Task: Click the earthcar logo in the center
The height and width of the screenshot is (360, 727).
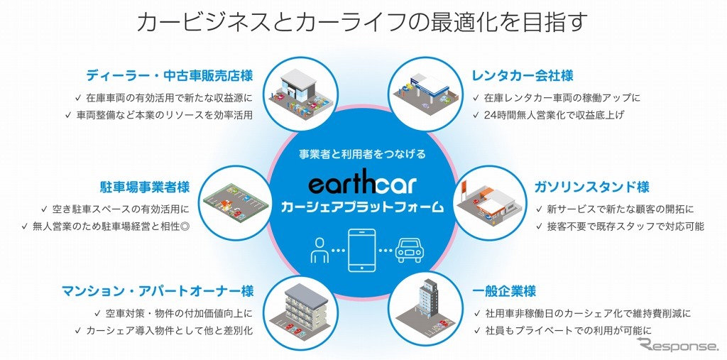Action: pos(362,185)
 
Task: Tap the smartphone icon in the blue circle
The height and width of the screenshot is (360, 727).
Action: pos(363,251)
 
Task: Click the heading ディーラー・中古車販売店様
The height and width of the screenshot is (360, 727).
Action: pos(170,75)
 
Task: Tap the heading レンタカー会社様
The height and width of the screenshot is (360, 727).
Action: pos(523,75)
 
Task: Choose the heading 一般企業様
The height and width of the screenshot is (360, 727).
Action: pos(504,291)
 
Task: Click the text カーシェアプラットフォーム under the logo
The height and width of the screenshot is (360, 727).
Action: pos(362,207)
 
